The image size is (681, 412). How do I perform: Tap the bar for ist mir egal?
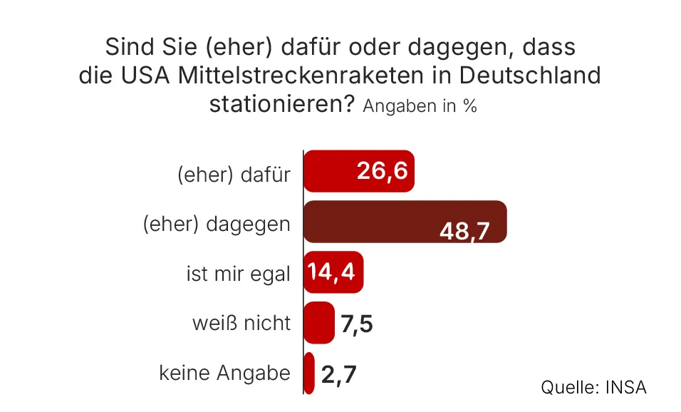pyautogui.click(x=333, y=272)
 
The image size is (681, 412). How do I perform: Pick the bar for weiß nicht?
pyautogui.click(x=319, y=322)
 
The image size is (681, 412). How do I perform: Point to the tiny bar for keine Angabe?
pyautogui.click(x=309, y=373)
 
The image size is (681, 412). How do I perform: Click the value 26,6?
pyautogui.click(x=382, y=171)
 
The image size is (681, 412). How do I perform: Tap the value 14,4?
pyautogui.click(x=332, y=272)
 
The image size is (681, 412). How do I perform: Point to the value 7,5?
pyautogui.click(x=357, y=324)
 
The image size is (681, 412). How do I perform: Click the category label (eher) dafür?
pyautogui.click(x=234, y=174)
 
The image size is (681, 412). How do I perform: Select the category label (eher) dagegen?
pyautogui.click(x=217, y=224)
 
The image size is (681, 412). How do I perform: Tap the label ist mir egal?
pyautogui.click(x=238, y=274)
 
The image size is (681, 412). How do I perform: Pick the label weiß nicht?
pyautogui.click(x=241, y=323)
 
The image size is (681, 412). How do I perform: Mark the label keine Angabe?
pyautogui.click(x=224, y=373)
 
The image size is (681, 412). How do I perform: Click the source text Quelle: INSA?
pyautogui.click(x=593, y=387)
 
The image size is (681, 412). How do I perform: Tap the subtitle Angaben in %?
pyautogui.click(x=420, y=106)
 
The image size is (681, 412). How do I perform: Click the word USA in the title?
pyautogui.click(x=146, y=76)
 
